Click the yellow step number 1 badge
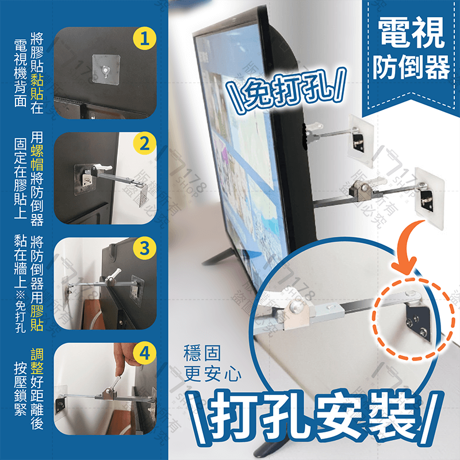(x=144, y=39)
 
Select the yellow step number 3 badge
(x=144, y=249)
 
